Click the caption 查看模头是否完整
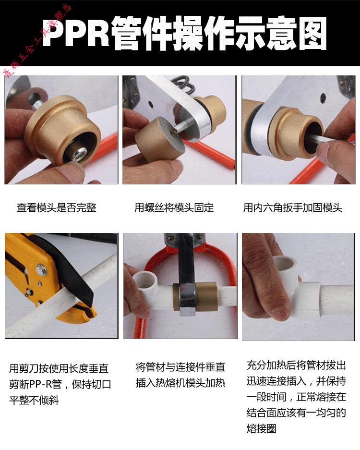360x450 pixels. point(57,208)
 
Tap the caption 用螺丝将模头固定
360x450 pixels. point(174,208)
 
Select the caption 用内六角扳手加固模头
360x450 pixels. point(293,208)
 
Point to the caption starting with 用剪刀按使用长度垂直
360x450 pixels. point(59,369)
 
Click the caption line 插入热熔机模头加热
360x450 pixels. point(180,383)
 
